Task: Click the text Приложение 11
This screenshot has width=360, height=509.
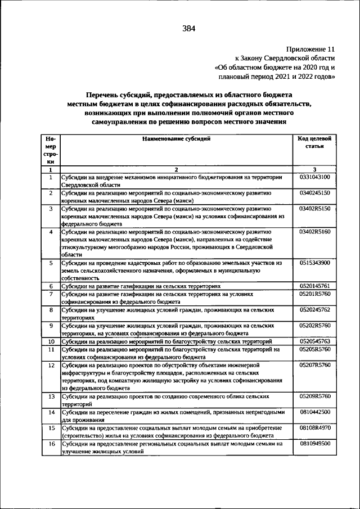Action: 310,49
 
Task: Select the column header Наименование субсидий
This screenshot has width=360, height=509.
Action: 177,138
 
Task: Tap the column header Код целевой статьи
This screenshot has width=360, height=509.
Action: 315,142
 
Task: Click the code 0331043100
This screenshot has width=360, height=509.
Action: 315,177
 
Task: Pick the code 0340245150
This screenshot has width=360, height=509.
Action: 315,193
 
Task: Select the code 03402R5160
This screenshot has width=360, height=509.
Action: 315,231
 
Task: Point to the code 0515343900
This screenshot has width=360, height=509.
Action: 315,263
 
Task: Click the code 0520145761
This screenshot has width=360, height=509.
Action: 315,286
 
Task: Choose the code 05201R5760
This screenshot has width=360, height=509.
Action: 315,294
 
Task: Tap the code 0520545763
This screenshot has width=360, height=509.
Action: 315,341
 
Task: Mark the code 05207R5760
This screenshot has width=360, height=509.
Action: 315,365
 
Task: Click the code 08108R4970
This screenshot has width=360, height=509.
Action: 315,428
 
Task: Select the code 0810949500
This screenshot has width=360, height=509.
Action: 315,444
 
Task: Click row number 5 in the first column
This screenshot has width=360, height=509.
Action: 51,263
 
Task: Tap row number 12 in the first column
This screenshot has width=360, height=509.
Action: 51,365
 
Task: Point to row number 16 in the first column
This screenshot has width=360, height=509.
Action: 51,444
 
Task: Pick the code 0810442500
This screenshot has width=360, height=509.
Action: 315,412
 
